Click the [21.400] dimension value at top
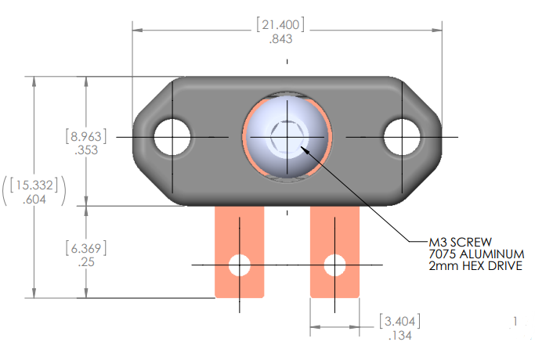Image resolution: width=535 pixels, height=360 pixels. [280, 24]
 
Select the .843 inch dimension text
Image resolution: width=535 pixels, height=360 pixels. [280, 39]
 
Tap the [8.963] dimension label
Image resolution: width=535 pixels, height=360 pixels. [85, 135]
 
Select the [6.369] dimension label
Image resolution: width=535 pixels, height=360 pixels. [85, 248]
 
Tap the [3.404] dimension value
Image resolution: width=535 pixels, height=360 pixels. [400, 321]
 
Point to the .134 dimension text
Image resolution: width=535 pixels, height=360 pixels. [400, 336]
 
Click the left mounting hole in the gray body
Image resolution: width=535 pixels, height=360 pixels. [172, 137]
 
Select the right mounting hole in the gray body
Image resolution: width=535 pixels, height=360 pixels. [402, 137]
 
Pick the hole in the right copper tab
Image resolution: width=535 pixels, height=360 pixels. [334, 265]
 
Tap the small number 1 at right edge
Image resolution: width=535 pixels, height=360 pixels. [515, 321]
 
